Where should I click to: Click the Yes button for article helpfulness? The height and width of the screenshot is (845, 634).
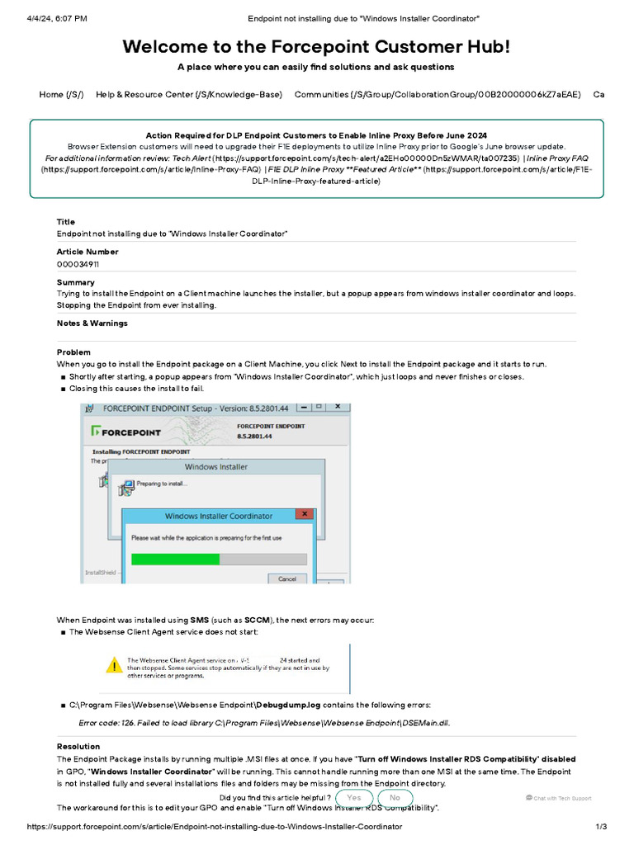pos(354,798)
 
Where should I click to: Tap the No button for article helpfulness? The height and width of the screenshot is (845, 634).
pos(395,798)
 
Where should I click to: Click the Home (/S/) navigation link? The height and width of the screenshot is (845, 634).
pos(61,94)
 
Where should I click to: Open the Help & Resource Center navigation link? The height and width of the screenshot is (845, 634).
pos(189,94)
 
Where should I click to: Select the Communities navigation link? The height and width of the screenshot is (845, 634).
pos(437,94)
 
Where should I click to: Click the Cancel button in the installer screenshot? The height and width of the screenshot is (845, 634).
pos(286,578)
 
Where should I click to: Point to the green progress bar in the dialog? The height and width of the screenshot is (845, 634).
pos(175,559)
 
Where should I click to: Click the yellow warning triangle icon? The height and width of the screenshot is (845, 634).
pos(112,664)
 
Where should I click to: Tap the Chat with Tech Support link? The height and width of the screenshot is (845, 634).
pos(558,798)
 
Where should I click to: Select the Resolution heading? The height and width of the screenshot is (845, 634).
pos(78,747)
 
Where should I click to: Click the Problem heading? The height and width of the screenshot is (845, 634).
pos(73,352)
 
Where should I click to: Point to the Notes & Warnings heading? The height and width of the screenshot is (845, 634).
pos(92,323)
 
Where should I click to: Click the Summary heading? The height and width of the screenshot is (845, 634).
pos(74,282)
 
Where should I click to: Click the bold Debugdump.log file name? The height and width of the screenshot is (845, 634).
pos(289,706)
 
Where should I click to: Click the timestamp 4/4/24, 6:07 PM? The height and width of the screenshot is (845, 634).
pos(57,18)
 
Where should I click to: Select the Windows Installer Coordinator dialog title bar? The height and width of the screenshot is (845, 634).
pos(218,516)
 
